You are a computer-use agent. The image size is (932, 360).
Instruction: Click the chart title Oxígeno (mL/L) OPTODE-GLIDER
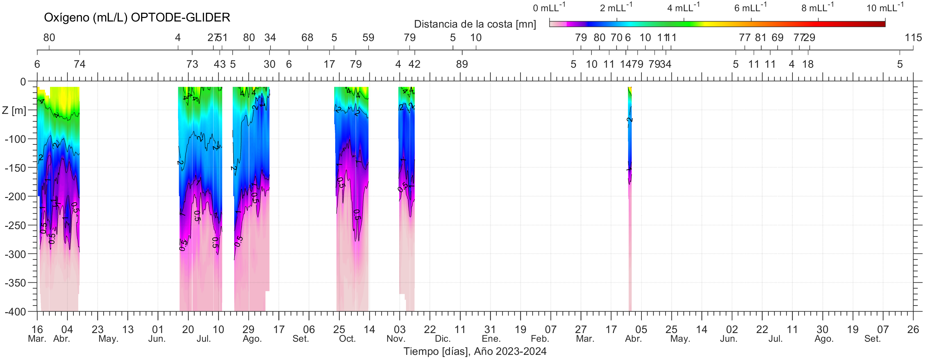coord(137,17)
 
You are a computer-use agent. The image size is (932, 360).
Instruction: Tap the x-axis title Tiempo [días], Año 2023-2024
coord(475,351)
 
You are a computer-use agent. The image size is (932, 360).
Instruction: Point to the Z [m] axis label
coord(14,110)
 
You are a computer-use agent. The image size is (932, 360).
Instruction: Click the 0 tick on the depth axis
coord(23,82)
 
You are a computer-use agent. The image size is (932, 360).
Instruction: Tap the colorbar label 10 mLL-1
coord(885,8)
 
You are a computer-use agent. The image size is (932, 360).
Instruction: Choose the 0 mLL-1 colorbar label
coord(548,8)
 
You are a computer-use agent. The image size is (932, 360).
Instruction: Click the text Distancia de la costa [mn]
coord(475,24)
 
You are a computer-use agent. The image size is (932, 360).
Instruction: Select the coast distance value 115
coord(913,38)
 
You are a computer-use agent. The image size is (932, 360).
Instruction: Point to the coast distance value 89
coord(462,64)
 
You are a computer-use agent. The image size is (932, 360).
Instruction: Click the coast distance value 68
coord(307,38)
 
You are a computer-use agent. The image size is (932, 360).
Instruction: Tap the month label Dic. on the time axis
coord(443,339)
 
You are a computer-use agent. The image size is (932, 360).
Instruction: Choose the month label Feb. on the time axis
coord(540,339)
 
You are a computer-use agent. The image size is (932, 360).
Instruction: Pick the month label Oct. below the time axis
coord(347,339)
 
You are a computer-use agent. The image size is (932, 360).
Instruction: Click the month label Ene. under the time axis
coord(491,339)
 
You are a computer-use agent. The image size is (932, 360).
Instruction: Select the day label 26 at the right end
coord(913,330)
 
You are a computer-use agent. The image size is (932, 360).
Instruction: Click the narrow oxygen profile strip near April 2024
coord(630,181)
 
